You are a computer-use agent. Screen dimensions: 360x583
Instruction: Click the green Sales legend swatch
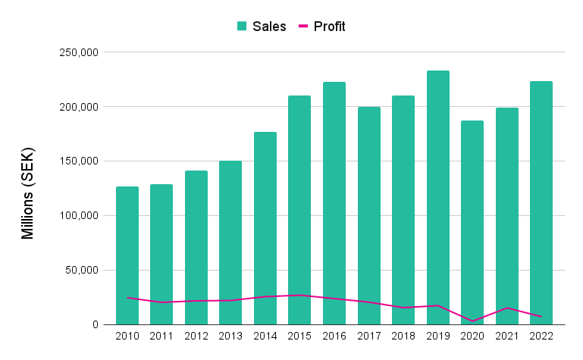242,27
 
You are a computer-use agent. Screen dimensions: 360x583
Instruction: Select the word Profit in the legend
329,27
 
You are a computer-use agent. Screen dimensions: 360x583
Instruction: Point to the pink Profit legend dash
303,27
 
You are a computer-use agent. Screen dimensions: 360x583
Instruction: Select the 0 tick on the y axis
96,325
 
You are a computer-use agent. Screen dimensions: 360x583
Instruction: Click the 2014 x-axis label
265,336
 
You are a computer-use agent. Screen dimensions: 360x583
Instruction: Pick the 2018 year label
403,336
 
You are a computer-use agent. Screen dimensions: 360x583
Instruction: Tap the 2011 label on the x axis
161,336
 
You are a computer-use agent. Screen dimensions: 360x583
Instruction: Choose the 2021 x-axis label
506,336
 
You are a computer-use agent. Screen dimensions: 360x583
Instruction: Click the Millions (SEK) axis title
28,189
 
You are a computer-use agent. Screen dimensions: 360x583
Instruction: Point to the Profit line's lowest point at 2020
472,321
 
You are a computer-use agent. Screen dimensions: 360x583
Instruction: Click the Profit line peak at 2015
299,295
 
